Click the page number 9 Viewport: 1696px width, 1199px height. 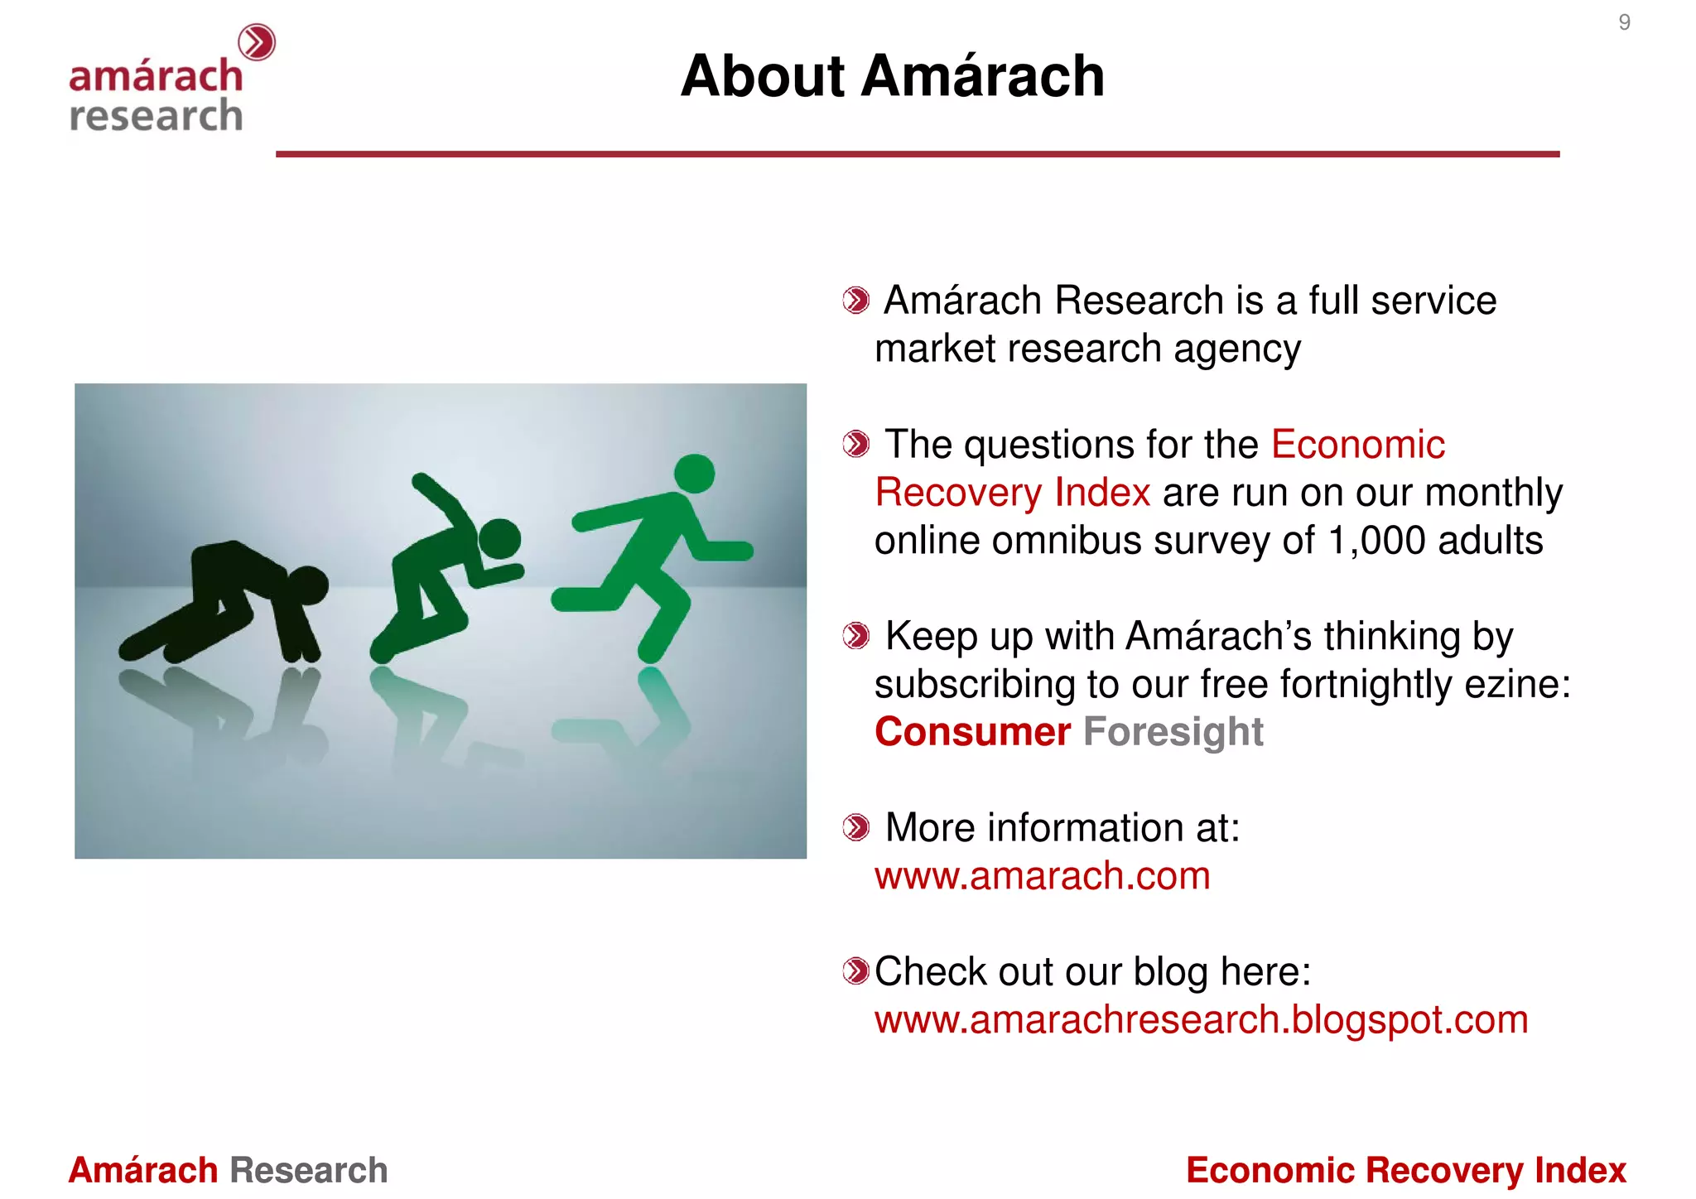(1624, 22)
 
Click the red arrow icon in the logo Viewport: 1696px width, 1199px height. (257, 42)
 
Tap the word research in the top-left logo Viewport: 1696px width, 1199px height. (156, 115)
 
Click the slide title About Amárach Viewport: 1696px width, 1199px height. (892, 76)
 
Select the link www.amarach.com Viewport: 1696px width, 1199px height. (1042, 876)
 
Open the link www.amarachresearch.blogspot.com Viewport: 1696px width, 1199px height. (1201, 1019)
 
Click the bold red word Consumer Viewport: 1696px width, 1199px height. (972, 732)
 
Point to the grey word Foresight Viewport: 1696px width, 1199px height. (1173, 732)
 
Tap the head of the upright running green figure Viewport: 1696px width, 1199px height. (694, 474)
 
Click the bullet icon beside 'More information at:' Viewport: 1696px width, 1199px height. (855, 827)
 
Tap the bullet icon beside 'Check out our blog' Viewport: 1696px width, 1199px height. (855, 970)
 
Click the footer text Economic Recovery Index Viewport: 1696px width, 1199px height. (1405, 1170)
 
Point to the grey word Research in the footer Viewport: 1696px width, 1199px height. (308, 1170)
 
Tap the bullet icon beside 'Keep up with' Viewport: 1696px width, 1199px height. (855, 636)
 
